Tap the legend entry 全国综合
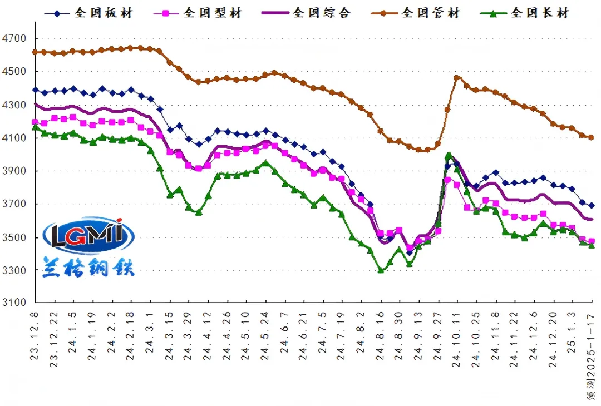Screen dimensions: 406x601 coord(322,13)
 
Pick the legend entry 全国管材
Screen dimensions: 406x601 coord(431,13)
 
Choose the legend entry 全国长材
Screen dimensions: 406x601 coord(540,13)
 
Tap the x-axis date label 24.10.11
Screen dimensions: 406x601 coord(457,334)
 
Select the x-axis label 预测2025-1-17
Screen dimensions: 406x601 coord(591,356)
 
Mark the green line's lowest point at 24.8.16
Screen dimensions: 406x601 coord(381,270)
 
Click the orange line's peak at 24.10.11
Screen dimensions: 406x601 coord(457,77)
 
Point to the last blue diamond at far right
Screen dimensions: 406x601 coord(592,205)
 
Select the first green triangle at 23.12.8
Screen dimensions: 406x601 coord(35,127)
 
